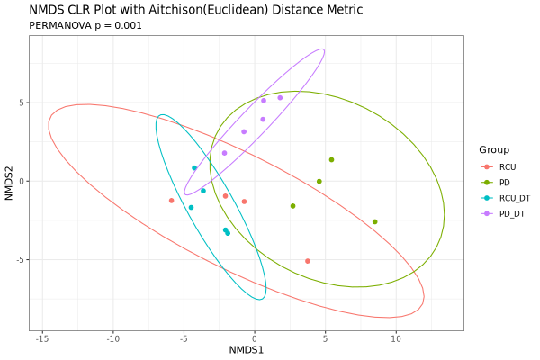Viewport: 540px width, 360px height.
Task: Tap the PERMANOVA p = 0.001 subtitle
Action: click(x=85, y=25)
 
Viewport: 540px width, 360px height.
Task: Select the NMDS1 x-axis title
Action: click(x=247, y=349)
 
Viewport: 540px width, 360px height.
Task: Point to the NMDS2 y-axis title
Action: click(x=9, y=181)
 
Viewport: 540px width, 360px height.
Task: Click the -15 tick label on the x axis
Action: click(x=42, y=338)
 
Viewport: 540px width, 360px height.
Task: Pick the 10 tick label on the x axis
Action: click(x=396, y=338)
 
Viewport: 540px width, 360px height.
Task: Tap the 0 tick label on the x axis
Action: click(x=255, y=338)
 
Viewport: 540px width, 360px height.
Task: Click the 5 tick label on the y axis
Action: click(x=22, y=103)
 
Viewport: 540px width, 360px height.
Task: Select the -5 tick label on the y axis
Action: click(x=21, y=260)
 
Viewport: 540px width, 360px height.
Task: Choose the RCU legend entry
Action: click(x=508, y=167)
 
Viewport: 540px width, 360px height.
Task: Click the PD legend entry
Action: click(x=505, y=183)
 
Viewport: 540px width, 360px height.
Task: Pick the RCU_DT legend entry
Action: click(x=514, y=198)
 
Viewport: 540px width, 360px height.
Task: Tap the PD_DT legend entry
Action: click(x=512, y=213)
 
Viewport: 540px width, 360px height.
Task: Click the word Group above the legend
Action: click(x=494, y=149)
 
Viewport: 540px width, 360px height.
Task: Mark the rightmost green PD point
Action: click(x=375, y=221)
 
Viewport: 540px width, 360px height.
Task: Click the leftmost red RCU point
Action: click(x=171, y=201)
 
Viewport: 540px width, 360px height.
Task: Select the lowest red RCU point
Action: click(x=308, y=261)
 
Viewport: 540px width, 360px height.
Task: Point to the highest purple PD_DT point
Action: click(x=280, y=98)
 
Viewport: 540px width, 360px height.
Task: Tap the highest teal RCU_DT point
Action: click(x=194, y=168)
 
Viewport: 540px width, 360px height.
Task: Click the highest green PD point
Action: click(x=331, y=160)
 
